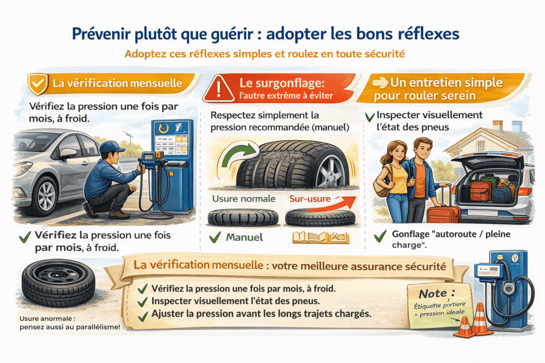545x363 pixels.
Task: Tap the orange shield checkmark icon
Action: (x=36, y=84)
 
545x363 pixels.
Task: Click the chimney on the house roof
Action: (x=498, y=125)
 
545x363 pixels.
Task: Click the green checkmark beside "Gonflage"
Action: (x=381, y=235)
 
